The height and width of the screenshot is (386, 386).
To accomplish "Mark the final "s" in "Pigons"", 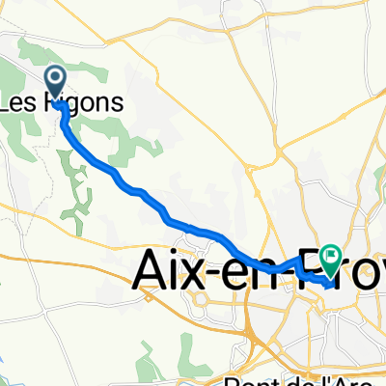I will (117, 100).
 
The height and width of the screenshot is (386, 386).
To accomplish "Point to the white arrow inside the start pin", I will (56, 78).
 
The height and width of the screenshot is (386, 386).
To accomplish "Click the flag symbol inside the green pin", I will (331, 256).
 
